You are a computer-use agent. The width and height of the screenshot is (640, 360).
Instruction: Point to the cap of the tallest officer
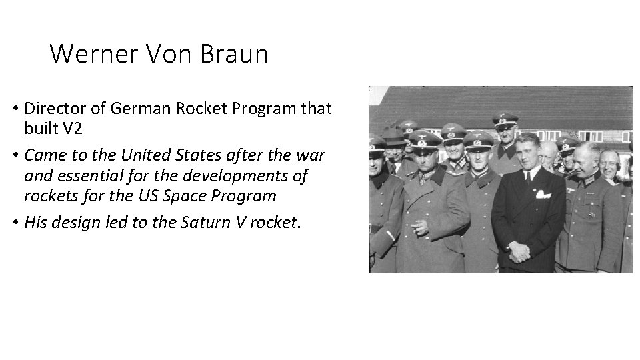505,121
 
